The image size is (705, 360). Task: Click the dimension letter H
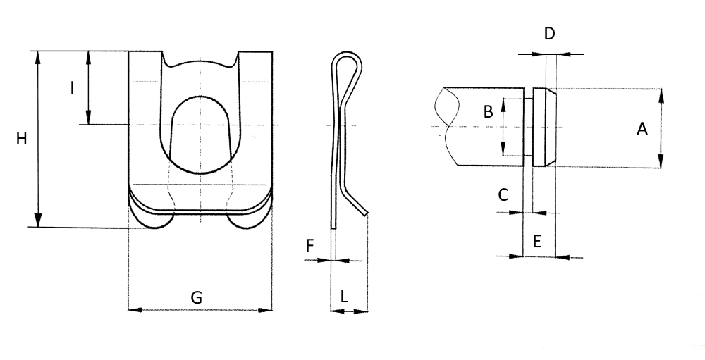pyautogui.click(x=21, y=139)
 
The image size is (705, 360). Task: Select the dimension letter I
pyautogui.click(x=72, y=87)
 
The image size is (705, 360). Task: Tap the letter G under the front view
pyautogui.click(x=197, y=297)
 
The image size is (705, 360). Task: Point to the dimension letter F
pyautogui.click(x=309, y=246)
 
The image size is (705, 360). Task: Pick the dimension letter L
pyautogui.click(x=344, y=296)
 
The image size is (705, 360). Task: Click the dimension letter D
pyautogui.click(x=549, y=34)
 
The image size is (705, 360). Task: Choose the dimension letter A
pyautogui.click(x=642, y=129)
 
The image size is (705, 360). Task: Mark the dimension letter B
pyautogui.click(x=488, y=111)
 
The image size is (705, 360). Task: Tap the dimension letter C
pyautogui.click(x=503, y=194)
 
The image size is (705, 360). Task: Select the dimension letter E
pyautogui.click(x=537, y=242)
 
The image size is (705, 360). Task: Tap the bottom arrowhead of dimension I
pyautogui.click(x=89, y=118)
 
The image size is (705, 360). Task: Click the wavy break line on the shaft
pyautogui.click(x=447, y=126)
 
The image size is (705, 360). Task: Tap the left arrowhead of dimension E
pyautogui.click(x=517, y=256)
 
